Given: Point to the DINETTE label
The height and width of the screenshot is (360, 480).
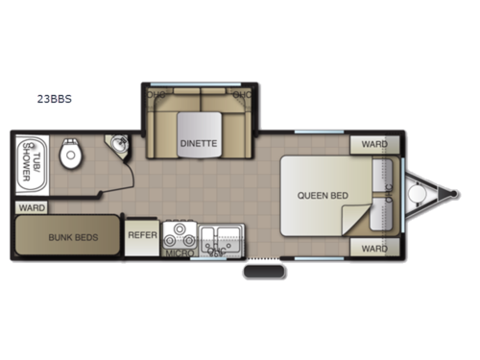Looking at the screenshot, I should [x=198, y=143].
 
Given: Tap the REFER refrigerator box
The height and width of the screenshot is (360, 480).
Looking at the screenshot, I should [x=142, y=234].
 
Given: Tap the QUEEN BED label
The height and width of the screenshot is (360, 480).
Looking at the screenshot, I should [x=322, y=196].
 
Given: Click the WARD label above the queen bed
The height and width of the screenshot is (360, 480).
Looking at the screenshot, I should [x=374, y=144].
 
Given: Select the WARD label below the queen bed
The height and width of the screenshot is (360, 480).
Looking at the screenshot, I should [x=374, y=248].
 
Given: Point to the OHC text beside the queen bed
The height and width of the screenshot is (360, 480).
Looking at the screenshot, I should [x=389, y=195].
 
